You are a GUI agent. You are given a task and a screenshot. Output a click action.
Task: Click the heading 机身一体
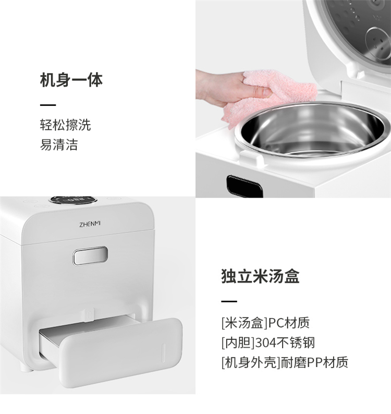tap(71, 80)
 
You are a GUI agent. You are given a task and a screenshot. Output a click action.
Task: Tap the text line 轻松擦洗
tap(66, 125)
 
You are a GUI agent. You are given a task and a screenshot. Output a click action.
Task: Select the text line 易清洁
tap(59, 144)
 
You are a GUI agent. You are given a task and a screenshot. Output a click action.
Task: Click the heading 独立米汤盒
tap(260, 276)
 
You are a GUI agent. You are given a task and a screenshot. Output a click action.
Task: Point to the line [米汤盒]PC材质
tap(265, 323)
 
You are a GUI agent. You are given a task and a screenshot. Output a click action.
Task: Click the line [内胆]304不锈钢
tap(268, 343)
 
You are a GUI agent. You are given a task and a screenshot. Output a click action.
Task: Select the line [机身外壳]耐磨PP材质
tap(285, 362)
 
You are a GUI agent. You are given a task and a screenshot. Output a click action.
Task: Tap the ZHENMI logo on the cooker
tap(90, 224)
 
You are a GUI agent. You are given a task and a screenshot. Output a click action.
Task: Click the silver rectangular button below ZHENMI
tap(90, 255)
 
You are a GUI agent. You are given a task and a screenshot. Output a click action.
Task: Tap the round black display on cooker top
tap(73, 199)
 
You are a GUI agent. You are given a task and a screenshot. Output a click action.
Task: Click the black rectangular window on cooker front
tap(245, 187)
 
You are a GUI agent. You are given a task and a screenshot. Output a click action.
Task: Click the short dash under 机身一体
tap(48, 105)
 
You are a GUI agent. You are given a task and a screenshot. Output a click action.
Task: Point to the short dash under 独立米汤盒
tap(229, 301)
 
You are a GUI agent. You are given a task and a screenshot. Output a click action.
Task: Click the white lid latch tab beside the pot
tap(252, 157)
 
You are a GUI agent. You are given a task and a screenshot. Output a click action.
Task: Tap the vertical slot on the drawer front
tap(163, 353)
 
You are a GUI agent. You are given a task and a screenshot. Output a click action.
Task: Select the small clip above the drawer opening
tap(90, 314)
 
